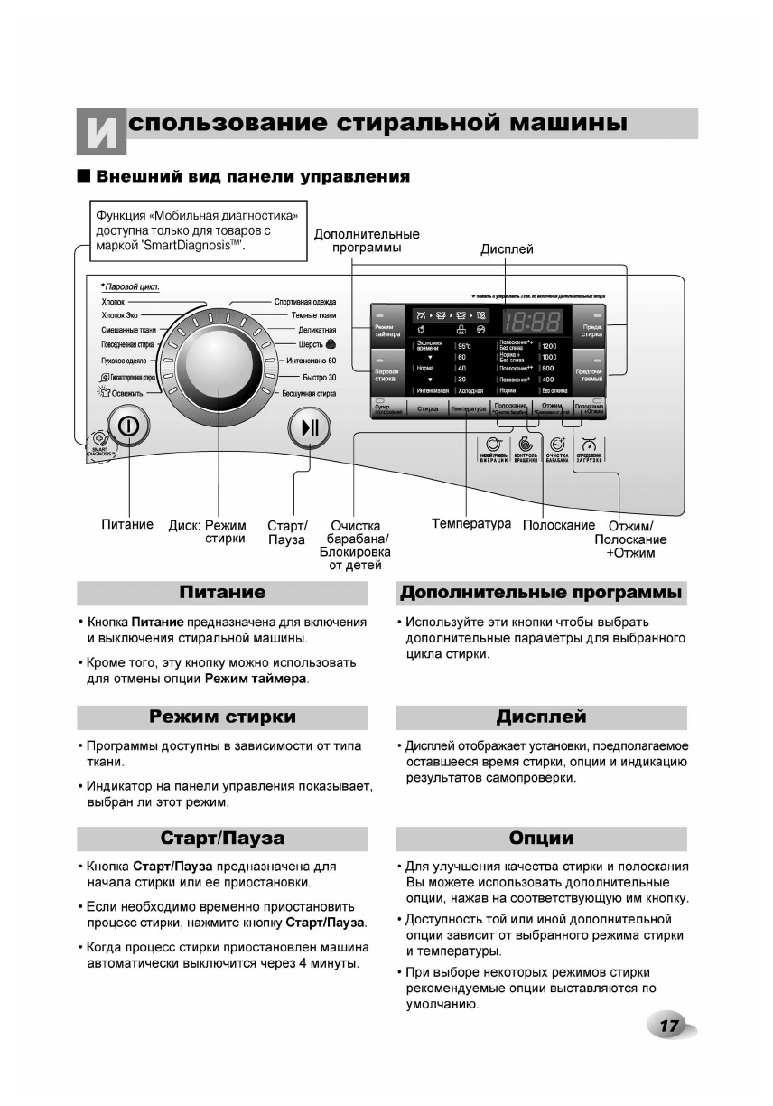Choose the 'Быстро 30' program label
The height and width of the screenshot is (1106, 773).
319,378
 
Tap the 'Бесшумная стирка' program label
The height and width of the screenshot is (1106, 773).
309,393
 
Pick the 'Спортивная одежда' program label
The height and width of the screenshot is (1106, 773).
305,302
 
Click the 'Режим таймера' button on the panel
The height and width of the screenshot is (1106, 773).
382,331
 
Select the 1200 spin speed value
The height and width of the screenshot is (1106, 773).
549,345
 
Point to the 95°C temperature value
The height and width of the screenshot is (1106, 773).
465,345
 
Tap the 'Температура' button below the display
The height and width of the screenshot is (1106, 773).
469,408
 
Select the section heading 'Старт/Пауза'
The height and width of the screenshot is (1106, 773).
222,838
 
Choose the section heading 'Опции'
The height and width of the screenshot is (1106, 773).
541,838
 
